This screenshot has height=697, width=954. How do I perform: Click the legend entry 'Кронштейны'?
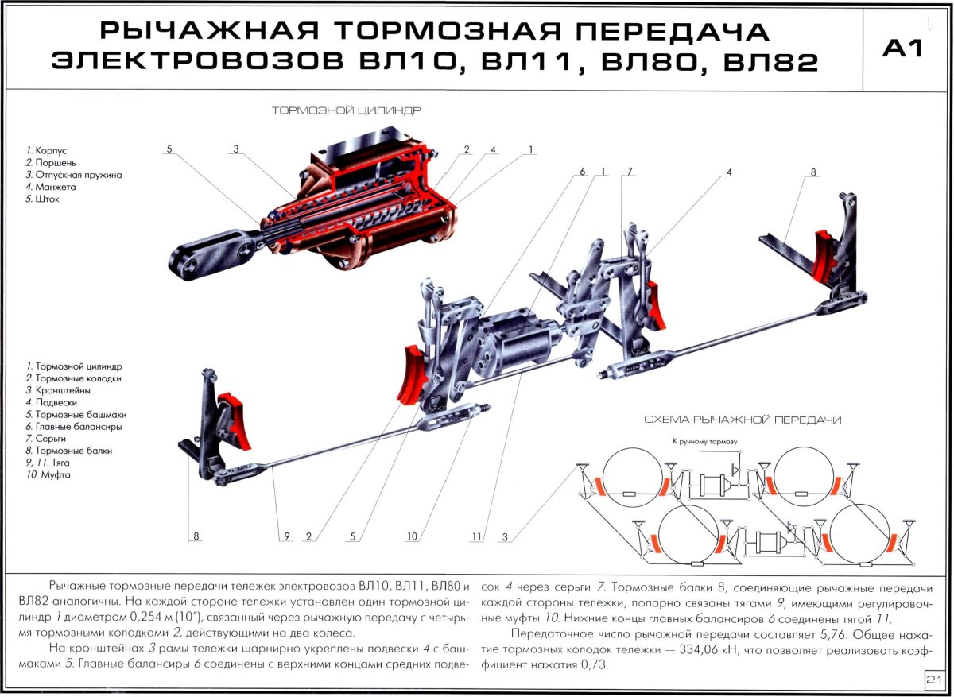(62, 390)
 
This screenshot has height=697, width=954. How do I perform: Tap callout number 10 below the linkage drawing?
(412, 536)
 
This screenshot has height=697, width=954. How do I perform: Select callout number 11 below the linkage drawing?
(476, 536)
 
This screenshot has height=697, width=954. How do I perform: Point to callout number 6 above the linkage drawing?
(582, 172)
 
